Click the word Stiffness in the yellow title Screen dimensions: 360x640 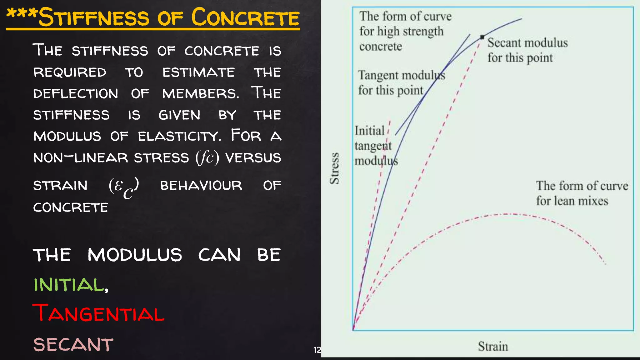pos(94,17)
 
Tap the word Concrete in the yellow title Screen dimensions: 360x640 pos(245,17)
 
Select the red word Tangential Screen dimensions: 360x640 pos(98,313)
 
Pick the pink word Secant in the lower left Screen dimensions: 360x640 pos(73,344)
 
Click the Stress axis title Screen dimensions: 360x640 pos(334,168)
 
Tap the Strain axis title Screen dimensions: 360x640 pos(493,346)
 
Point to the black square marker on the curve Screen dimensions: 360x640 pos(482,37)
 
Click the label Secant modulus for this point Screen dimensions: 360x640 pos(527,50)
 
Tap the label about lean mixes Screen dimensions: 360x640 pos(581,193)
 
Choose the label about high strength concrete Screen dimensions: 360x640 pos(405,31)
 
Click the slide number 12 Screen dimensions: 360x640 pos(317,350)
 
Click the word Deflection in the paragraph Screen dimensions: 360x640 pos(76,93)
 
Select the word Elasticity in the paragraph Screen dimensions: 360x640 pos(179,136)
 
